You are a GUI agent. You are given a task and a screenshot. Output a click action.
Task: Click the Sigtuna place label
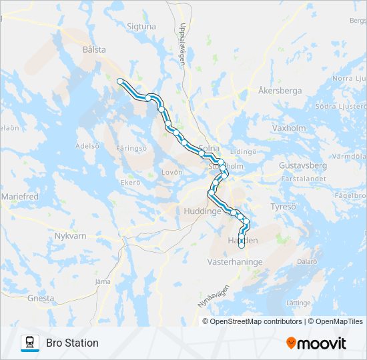pos(141,27)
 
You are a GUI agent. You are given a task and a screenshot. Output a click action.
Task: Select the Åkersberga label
pos(280,91)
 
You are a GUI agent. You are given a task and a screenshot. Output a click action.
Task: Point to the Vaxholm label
pos(289,127)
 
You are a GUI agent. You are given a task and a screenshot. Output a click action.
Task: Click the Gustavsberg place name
pos(302,165)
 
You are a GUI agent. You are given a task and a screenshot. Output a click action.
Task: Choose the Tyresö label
pos(282,207)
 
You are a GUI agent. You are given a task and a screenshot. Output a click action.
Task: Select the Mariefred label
pos(21,197)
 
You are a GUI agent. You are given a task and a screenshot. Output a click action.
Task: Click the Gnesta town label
pos(41,298)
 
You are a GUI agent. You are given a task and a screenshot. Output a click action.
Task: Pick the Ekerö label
pos(130,182)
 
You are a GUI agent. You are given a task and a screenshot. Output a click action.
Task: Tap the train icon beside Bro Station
pos(30,343)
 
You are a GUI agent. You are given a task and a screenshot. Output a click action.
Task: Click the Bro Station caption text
pos(72,343)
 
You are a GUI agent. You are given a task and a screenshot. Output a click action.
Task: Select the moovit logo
pos(316,343)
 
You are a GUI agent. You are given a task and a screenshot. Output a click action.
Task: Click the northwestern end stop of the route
pos(120,81)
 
